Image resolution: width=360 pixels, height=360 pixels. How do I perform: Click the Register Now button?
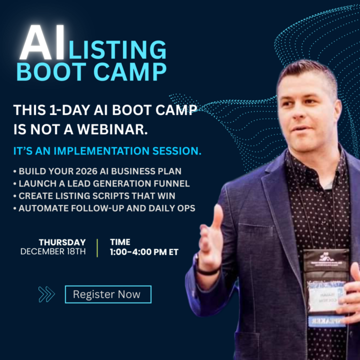coord(107,294)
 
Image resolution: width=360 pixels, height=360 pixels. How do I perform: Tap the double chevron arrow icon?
coord(46,294)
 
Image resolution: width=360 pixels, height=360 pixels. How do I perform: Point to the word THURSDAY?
coord(62,242)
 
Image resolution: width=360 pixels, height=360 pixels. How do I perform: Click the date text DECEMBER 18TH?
coord(53,251)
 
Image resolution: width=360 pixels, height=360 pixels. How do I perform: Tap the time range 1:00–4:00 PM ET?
coord(144,252)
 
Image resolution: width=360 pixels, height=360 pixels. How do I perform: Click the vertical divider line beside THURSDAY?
coord(98,247)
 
